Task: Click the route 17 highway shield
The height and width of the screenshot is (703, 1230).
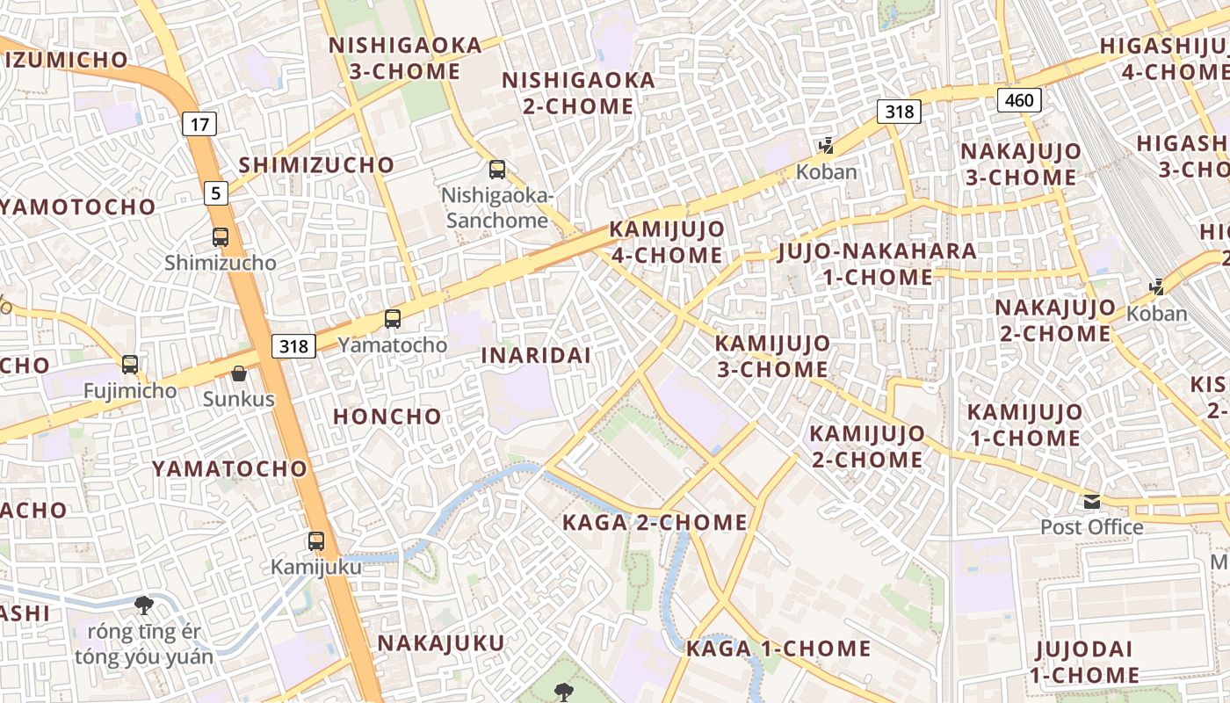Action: click(199, 124)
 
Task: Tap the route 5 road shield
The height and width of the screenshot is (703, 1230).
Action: click(215, 192)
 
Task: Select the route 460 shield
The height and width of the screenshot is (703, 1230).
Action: click(1019, 100)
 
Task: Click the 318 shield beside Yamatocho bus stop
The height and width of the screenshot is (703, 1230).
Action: click(293, 346)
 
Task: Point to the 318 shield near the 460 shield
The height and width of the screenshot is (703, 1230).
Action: click(899, 112)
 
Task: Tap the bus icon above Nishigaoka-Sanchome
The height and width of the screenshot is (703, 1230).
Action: click(497, 169)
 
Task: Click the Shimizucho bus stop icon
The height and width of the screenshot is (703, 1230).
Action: click(220, 236)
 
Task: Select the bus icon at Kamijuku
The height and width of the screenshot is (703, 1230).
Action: click(316, 541)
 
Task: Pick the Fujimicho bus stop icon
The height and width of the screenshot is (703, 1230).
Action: click(130, 364)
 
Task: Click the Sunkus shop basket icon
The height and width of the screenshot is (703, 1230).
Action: click(239, 374)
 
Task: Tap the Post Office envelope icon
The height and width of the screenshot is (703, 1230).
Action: click(1092, 502)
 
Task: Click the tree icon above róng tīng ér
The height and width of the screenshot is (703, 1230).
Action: click(143, 605)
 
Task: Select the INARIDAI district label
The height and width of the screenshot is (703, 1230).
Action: click(536, 356)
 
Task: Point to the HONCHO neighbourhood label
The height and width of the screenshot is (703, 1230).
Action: click(387, 417)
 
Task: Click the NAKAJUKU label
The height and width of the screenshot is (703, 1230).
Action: click(441, 643)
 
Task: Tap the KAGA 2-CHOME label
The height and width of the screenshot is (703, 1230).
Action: click(655, 523)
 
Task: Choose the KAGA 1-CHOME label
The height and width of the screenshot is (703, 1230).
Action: click(778, 649)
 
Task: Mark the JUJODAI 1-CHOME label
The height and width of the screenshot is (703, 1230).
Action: click(1084, 662)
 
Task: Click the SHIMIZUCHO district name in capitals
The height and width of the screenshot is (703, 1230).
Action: click(316, 165)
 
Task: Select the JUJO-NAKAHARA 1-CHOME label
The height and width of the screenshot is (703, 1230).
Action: click(878, 264)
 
